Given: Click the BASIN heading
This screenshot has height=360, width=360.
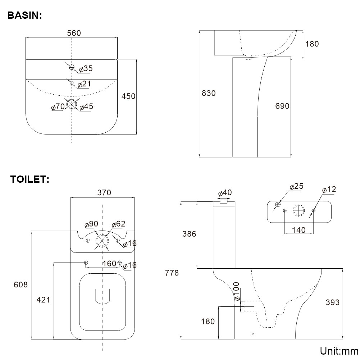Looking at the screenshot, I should (25, 15).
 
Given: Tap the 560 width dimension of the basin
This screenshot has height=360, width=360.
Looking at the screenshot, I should (74, 33).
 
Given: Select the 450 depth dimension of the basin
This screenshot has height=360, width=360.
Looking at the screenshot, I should (128, 96).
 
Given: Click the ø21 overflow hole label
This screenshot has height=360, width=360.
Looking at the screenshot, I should (84, 84).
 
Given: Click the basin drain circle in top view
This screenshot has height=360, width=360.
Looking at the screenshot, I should (72, 104).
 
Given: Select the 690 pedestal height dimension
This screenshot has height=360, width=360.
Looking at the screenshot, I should (282, 106).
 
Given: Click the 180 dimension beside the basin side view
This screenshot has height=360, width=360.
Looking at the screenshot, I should (312, 44).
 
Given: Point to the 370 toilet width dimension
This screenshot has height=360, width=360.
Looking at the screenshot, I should (104, 192).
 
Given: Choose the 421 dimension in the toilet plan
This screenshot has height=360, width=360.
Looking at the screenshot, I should (44, 300).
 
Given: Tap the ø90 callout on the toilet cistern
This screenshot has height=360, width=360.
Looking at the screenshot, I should (91, 224).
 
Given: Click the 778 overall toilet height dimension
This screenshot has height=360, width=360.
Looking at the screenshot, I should (172, 273).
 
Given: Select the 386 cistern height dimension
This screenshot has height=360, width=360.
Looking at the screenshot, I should (189, 234).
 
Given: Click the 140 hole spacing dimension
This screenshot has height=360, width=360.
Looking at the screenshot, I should (299, 229).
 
